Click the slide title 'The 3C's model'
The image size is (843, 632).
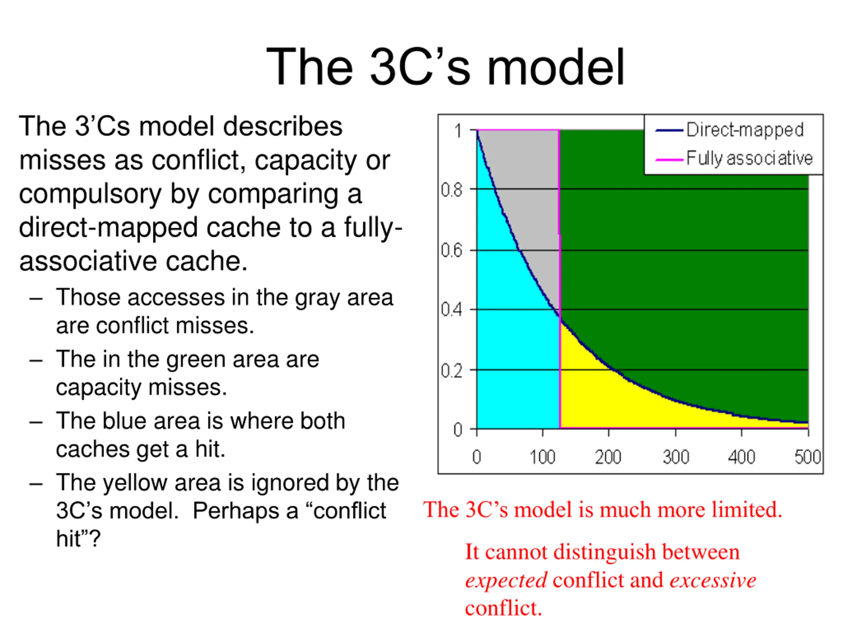pyautogui.click(x=445, y=67)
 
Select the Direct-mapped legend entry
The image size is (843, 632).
pyautogui.click(x=729, y=130)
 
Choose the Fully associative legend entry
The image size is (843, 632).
pyautogui.click(x=734, y=158)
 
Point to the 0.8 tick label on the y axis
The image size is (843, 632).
pyautogui.click(x=451, y=190)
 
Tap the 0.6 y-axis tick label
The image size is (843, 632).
pyautogui.click(x=451, y=250)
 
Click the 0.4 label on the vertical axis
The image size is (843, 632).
pyautogui.click(x=451, y=310)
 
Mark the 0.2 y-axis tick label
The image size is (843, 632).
pyautogui.click(x=451, y=371)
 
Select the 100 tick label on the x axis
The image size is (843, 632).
pyautogui.click(x=542, y=457)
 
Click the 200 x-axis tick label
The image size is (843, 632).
pyautogui.click(x=608, y=457)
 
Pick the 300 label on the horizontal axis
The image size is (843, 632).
pyautogui.click(x=676, y=457)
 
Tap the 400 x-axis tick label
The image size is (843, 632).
pyautogui.click(x=741, y=457)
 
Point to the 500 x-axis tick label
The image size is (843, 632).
pyautogui.click(x=807, y=457)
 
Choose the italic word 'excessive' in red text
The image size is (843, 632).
pyautogui.click(x=713, y=580)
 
